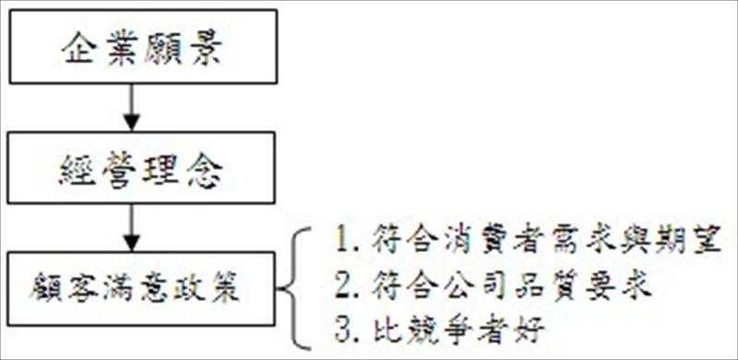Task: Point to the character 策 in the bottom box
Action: click(x=227, y=288)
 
